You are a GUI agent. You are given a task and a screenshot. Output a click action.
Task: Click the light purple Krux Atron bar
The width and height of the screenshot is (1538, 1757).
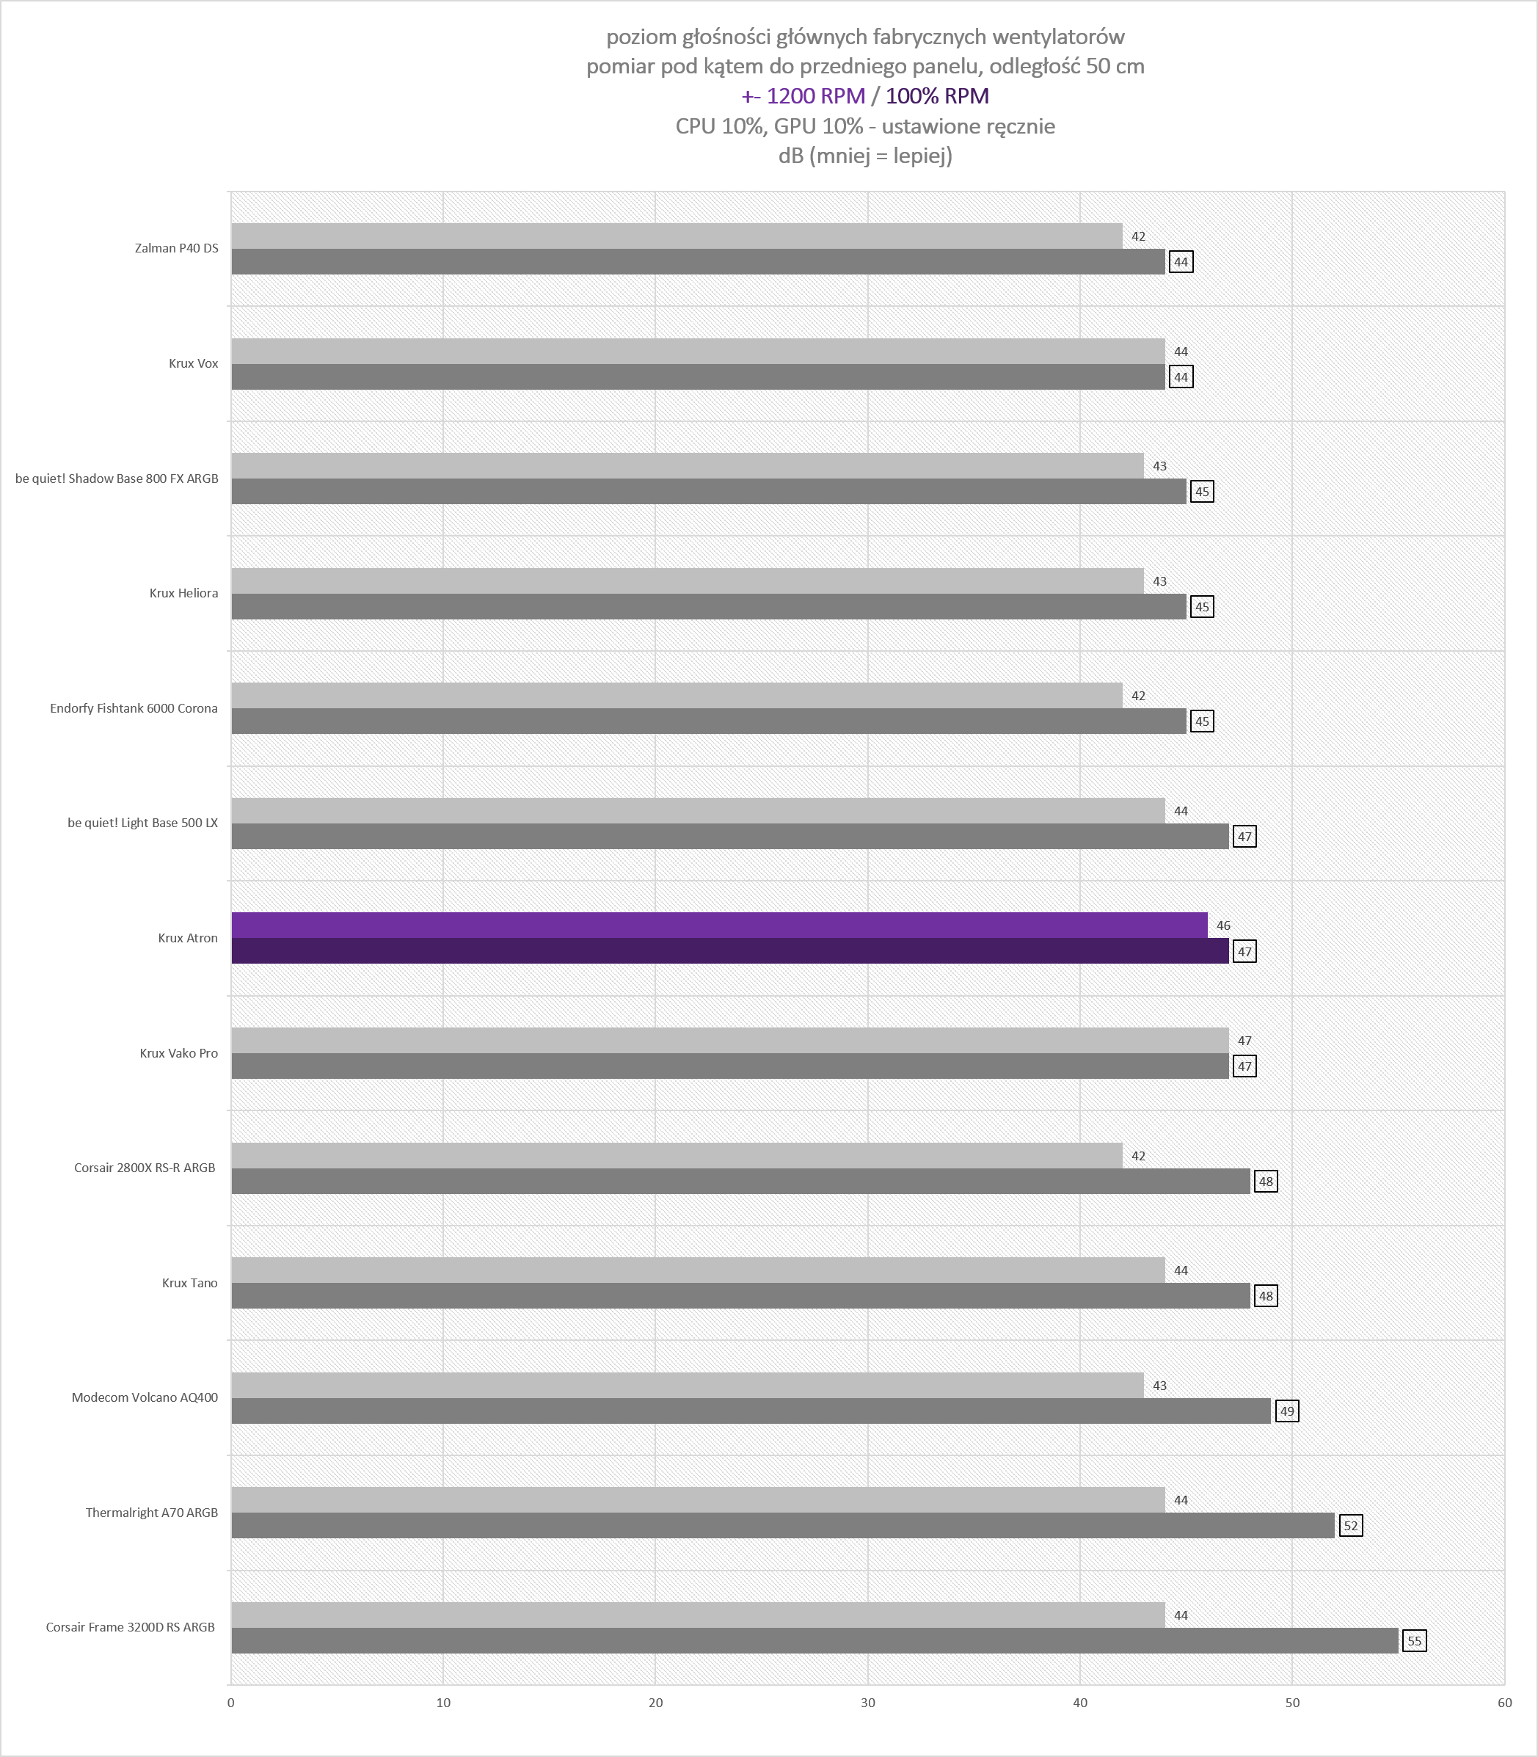[x=719, y=925]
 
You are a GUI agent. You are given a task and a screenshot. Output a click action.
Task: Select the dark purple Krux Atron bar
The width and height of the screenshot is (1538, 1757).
[x=730, y=951]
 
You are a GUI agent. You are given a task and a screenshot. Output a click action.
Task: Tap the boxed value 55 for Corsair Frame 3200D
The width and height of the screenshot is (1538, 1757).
[x=1415, y=1641]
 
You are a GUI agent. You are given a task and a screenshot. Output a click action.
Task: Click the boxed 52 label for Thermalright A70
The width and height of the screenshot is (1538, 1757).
[x=1351, y=1526]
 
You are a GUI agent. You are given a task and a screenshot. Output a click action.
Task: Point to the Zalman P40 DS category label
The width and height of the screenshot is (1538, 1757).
[x=176, y=248]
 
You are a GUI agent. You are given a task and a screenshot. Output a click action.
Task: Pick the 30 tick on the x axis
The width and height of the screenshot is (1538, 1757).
[x=868, y=1703]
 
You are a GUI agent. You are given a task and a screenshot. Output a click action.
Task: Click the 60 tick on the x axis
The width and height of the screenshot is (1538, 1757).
[x=1504, y=1703]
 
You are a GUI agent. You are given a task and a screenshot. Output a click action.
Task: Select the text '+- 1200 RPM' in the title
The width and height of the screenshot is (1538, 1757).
[x=803, y=96]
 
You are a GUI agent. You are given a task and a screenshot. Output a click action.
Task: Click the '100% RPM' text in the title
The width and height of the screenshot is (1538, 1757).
[x=937, y=96]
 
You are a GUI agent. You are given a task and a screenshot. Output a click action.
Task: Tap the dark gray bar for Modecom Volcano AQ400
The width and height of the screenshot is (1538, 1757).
[x=751, y=1411]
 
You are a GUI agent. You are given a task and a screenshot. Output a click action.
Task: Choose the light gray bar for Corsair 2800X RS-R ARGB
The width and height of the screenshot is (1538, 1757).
[x=677, y=1155]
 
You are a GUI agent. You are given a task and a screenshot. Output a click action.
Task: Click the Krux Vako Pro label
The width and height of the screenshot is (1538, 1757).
[x=178, y=1053]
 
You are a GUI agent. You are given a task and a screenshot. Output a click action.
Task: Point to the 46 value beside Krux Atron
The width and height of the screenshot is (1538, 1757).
[x=1223, y=925]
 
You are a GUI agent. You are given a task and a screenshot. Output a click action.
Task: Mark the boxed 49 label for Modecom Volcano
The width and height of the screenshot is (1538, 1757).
[x=1286, y=1411]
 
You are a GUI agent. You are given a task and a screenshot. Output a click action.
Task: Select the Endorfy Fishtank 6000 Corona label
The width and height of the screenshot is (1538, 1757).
[x=134, y=708]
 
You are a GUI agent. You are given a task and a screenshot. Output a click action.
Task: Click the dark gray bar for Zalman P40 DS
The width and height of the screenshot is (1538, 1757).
[x=699, y=262]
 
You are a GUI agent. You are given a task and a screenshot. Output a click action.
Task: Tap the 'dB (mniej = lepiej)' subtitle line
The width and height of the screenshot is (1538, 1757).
[x=865, y=156]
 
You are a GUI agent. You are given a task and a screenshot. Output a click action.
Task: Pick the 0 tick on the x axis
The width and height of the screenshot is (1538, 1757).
[x=231, y=1703]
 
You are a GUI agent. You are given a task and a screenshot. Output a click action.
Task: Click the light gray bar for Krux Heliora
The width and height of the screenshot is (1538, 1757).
[x=688, y=581]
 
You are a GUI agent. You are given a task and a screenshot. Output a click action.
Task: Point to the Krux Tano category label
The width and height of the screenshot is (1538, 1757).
[x=189, y=1283]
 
